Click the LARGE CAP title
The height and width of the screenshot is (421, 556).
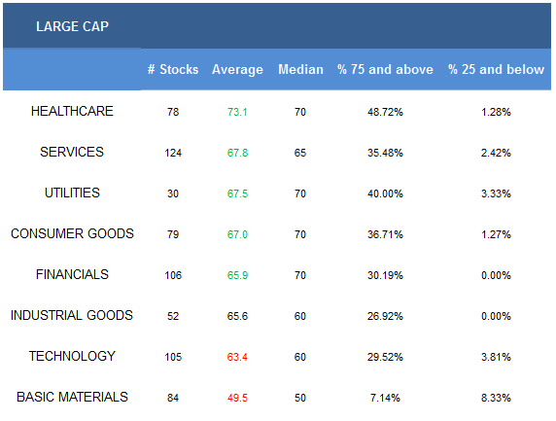coord(72,26)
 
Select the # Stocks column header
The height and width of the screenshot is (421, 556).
coord(173,69)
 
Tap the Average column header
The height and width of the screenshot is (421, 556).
coord(237,69)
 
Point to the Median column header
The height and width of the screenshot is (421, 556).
coord(300,69)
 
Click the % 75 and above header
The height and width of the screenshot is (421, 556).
coord(385,69)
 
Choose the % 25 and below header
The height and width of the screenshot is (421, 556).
coord(496,69)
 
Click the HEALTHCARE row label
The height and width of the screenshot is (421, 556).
coord(72,112)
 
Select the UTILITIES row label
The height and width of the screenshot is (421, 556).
coord(72,193)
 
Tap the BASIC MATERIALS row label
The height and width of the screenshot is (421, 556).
coord(72,398)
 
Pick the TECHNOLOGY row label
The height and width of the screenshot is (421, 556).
coord(72,356)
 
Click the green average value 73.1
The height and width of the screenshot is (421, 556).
coord(237,112)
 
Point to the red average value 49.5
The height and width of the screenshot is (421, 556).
coord(237,398)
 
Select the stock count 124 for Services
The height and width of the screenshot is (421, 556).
coord(173,153)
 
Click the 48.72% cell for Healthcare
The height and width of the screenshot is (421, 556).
coord(385,112)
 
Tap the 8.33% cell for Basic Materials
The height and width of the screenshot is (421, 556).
coord(496,398)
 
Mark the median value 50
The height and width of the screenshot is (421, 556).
coord(300,398)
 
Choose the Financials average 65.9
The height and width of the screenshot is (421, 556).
coord(237,275)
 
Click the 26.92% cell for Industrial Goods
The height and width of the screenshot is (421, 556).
coord(385,316)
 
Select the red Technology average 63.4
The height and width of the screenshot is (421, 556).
coord(237,357)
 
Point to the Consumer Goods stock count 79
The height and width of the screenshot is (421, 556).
coord(173,234)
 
